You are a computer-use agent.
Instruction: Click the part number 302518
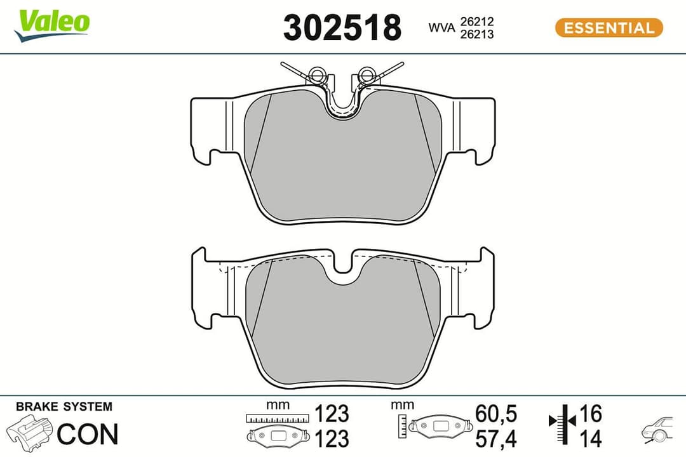(342, 28)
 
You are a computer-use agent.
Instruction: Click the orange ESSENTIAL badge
(609, 28)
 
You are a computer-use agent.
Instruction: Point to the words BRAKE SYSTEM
(64, 407)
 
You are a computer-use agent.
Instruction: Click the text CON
(88, 434)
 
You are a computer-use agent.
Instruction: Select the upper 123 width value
(332, 414)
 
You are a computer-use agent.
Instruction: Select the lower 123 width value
(332, 438)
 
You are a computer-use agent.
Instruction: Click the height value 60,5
(495, 414)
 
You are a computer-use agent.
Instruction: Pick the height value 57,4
(495, 438)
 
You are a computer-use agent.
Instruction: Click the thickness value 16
(590, 414)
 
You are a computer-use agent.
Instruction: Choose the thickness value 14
(590, 438)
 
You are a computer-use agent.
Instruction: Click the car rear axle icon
(657, 430)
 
